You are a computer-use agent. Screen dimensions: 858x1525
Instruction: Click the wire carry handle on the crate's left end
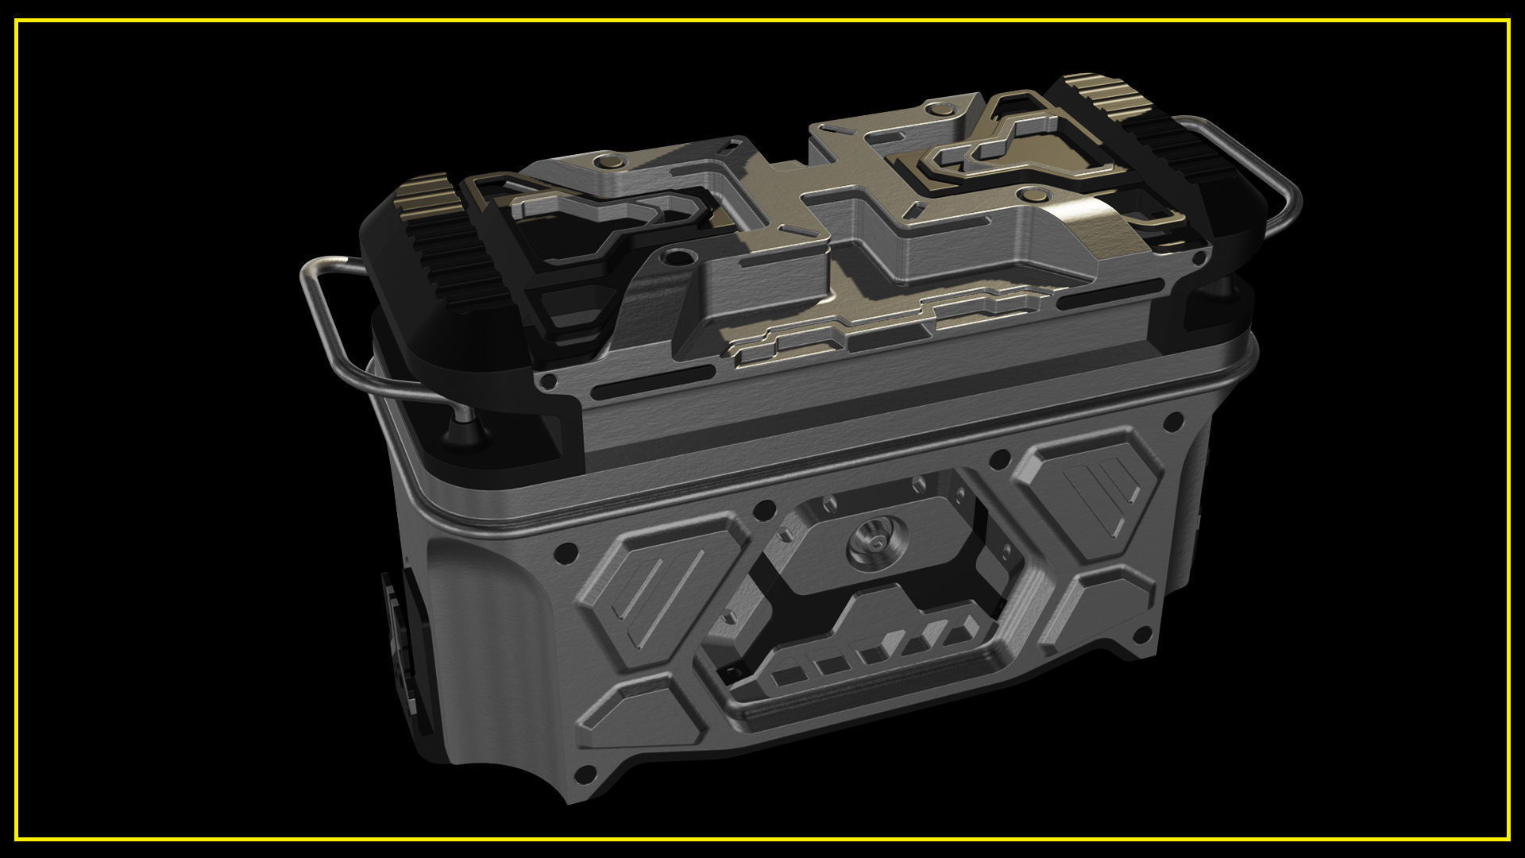pos(318,318)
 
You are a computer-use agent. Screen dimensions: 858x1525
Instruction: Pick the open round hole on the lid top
pos(678,257)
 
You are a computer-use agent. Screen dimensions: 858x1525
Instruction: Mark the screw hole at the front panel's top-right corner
pos(1169,418)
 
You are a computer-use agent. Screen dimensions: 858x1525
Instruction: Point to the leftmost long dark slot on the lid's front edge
pos(619,392)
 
